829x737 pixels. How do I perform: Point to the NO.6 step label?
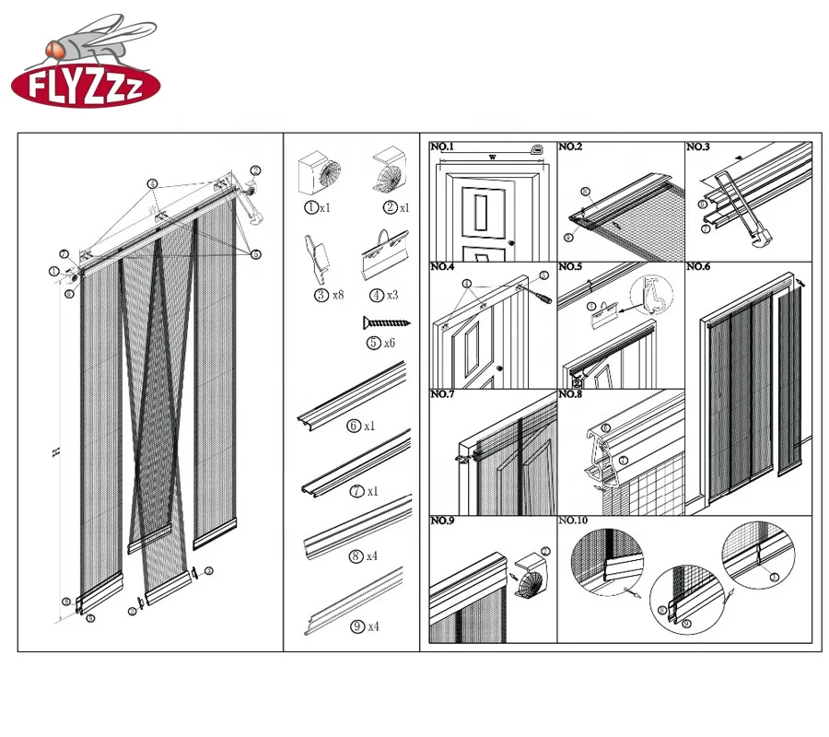click(x=698, y=267)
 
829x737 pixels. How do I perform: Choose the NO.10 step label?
click(x=574, y=521)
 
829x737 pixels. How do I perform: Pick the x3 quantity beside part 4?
click(x=391, y=295)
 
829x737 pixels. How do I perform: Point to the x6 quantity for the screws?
click(x=391, y=343)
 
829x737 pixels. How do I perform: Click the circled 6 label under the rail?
click(x=354, y=427)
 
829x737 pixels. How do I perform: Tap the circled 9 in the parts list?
click(x=357, y=626)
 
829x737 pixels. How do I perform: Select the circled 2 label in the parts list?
click(x=390, y=208)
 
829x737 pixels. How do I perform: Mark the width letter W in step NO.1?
click(x=492, y=158)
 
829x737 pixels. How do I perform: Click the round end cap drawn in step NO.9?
click(x=528, y=576)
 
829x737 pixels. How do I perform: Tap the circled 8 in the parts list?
click(x=357, y=556)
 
